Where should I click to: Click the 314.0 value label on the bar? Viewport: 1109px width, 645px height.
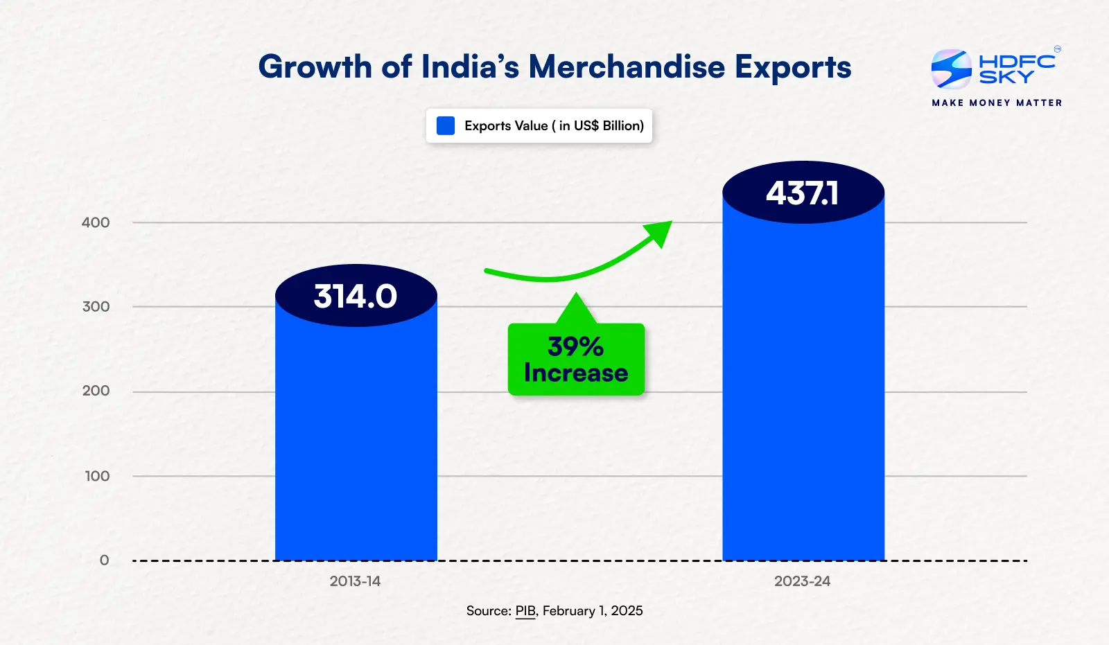pyautogui.click(x=356, y=297)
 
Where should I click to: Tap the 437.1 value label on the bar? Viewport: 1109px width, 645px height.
pyautogui.click(x=803, y=193)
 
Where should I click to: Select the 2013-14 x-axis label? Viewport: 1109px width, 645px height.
pyautogui.click(x=355, y=581)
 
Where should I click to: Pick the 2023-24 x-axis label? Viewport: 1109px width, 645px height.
pyautogui.click(x=802, y=581)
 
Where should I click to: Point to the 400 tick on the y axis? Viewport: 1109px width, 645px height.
pyautogui.click(x=96, y=222)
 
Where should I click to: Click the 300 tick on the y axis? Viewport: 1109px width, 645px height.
pyautogui.click(x=96, y=306)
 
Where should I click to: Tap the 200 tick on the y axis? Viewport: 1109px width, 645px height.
pyautogui.click(x=96, y=391)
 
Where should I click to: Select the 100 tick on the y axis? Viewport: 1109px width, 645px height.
pyautogui.click(x=97, y=476)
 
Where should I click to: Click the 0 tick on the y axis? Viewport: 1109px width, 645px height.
pyautogui.click(x=104, y=560)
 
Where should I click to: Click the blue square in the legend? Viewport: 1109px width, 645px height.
pyautogui.click(x=446, y=125)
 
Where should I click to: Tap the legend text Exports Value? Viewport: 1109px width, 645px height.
pyautogui.click(x=506, y=125)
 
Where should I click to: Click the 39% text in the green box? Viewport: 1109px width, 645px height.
pyautogui.click(x=575, y=346)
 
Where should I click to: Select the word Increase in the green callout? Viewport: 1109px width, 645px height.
pyautogui.click(x=576, y=373)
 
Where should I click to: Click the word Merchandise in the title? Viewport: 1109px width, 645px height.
pyautogui.click(x=627, y=67)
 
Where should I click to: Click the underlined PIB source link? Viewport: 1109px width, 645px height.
pyautogui.click(x=525, y=611)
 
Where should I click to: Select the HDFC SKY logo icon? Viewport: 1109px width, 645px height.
pyautogui.click(x=951, y=69)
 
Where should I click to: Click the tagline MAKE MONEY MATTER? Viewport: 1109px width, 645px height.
pyautogui.click(x=997, y=103)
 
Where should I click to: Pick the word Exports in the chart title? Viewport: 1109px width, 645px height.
pyautogui.click(x=793, y=67)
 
